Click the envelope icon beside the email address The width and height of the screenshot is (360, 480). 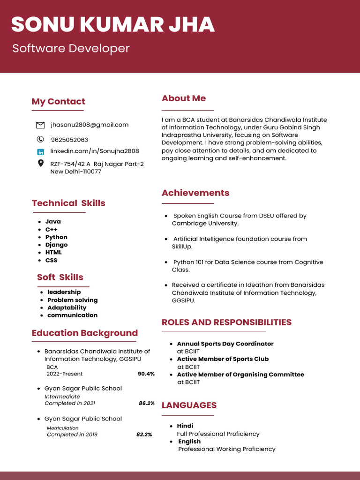(40, 125)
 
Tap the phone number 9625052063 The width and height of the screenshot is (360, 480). (69, 140)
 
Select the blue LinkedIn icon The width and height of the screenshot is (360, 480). (40, 152)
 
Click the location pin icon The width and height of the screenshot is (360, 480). (40, 164)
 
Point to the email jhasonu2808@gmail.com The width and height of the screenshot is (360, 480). (90, 125)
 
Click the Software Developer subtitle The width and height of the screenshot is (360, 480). (71, 48)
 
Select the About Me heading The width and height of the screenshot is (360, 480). (184, 98)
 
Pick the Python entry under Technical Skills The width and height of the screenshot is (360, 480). (56, 237)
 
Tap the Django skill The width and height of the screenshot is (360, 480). (56, 245)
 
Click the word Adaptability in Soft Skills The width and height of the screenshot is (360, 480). (67, 307)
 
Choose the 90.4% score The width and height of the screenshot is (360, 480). (146, 374)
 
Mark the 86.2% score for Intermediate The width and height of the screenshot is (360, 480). (146, 403)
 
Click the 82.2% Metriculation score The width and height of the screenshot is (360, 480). (144, 435)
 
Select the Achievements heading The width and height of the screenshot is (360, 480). (195, 193)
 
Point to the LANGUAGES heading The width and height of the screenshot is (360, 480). (189, 405)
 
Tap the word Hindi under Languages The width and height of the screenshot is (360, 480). (185, 426)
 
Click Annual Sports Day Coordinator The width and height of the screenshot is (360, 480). (225, 344)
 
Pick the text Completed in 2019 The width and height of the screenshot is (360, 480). (72, 435)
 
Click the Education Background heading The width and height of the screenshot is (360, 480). (85, 333)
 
